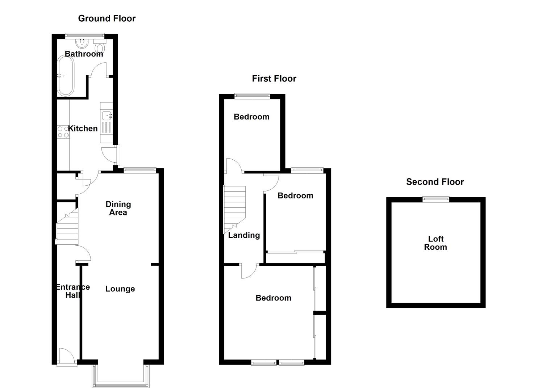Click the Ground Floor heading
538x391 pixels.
tap(107, 18)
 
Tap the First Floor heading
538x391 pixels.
tap(274, 79)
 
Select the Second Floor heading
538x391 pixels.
tap(435, 182)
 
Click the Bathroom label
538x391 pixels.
tap(84, 54)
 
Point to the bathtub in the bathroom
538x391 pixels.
tap(66, 75)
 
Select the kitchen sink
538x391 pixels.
tap(107, 116)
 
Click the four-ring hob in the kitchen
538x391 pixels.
tap(63, 132)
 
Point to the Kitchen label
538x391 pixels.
tap(83, 129)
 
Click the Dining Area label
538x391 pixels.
tap(118, 208)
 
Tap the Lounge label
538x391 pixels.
tap(120, 289)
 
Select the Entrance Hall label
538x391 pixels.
tap(72, 291)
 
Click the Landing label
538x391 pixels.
tap(244, 235)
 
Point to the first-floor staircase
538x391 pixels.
tap(234, 208)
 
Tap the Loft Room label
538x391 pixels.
tap(435, 243)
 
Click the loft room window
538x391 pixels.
tap(436, 199)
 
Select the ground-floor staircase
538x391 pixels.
tap(67, 226)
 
